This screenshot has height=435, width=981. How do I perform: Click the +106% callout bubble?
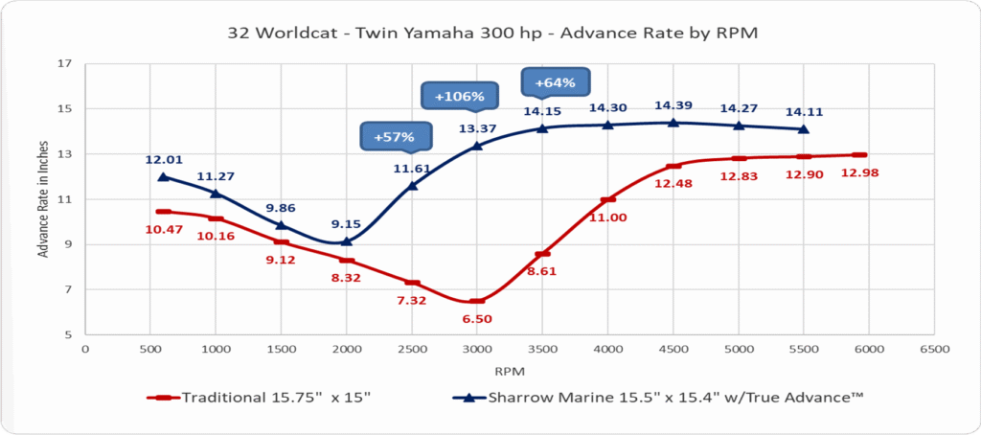tap(459, 96)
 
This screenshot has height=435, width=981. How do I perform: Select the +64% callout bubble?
tap(555, 82)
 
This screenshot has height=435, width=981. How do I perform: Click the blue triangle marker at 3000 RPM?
tap(477, 146)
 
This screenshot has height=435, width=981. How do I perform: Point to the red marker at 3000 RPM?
tap(477, 301)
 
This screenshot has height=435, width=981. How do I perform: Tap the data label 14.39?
tap(673, 104)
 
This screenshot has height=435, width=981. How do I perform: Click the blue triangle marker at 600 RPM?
tap(163, 176)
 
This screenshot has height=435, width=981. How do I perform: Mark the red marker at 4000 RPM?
tap(607, 199)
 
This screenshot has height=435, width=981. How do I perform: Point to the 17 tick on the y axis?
tap(66, 64)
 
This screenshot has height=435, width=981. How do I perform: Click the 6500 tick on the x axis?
tap(933, 350)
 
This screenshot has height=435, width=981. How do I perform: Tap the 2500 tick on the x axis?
tap(412, 350)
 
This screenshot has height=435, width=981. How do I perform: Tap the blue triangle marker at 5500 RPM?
tap(803, 128)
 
